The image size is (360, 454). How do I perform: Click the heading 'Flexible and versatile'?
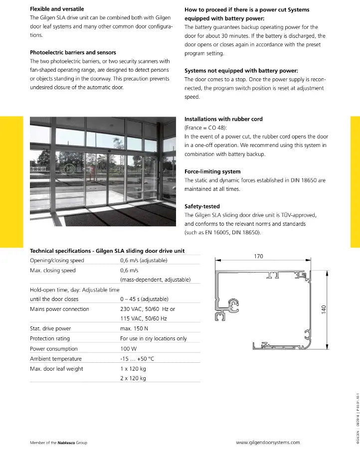[x=57, y=9]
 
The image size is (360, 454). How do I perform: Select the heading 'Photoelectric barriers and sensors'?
[x=73, y=52]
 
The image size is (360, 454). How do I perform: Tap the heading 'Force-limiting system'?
[x=212, y=171]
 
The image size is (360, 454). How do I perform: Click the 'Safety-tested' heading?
[x=202, y=206]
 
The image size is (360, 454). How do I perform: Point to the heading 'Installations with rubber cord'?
[x=223, y=119]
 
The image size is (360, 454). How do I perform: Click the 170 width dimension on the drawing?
[x=258, y=256]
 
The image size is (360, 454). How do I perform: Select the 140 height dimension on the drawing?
[x=324, y=309]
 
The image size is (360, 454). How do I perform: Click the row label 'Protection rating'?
[x=52, y=338]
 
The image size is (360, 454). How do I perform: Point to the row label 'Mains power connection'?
[x=59, y=309]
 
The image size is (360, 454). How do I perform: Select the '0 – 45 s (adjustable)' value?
[x=144, y=299]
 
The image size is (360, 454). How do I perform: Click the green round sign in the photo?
[x=69, y=168]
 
